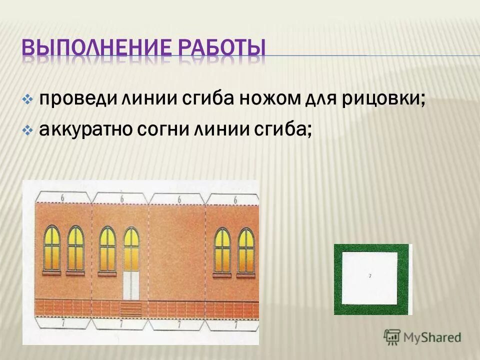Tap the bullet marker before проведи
point(28,99)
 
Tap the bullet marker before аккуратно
point(28,130)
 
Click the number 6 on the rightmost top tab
point(235,199)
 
